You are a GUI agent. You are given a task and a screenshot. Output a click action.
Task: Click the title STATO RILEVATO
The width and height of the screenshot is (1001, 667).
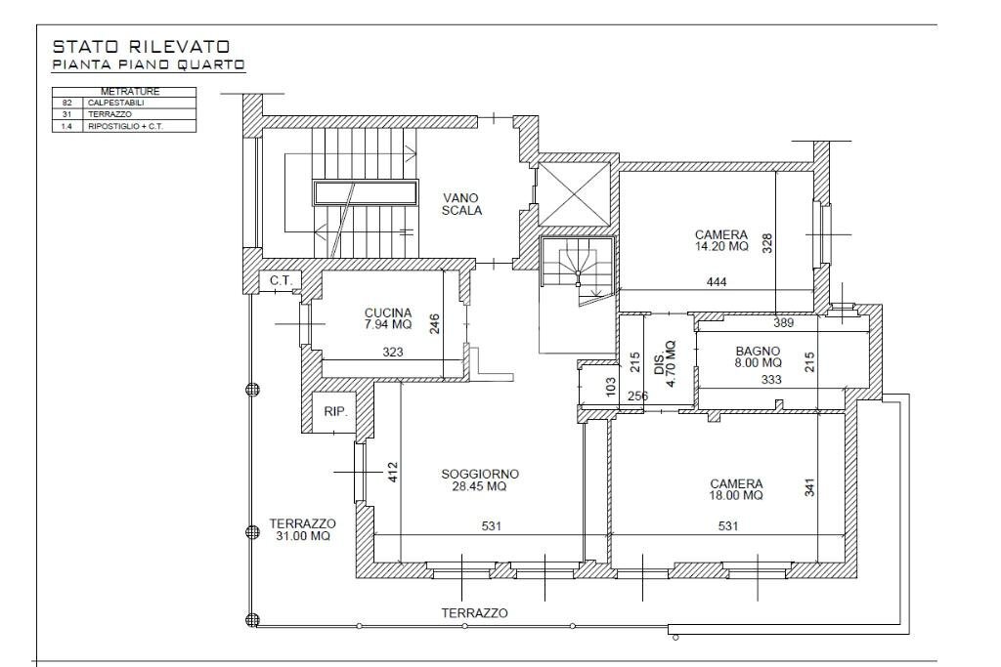(x=141, y=47)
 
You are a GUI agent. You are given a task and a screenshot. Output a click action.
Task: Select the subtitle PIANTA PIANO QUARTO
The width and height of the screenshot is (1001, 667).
(x=149, y=64)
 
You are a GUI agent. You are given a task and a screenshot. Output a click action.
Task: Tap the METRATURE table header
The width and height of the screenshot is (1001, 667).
(x=130, y=92)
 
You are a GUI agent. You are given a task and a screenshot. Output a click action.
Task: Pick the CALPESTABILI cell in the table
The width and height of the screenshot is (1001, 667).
(x=116, y=103)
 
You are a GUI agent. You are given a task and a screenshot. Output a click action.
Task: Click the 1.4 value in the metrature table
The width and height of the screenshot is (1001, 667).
(x=67, y=126)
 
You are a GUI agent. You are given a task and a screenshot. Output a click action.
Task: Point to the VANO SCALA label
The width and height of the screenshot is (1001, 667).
(x=461, y=204)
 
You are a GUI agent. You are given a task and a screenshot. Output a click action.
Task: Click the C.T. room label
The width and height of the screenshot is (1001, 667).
(x=281, y=280)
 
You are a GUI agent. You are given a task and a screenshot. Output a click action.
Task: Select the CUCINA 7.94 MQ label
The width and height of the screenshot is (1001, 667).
(x=388, y=318)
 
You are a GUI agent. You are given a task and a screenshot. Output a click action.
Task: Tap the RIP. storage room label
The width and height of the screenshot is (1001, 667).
(x=336, y=412)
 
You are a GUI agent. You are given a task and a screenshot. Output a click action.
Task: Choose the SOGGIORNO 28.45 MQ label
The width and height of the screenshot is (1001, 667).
(x=480, y=480)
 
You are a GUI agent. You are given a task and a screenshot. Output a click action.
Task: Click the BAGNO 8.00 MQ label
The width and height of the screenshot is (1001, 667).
(x=758, y=356)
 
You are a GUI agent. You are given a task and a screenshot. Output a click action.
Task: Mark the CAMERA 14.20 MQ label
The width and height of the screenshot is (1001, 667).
(x=721, y=240)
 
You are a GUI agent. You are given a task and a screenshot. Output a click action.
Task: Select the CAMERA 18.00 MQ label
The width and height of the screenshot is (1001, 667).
(x=736, y=489)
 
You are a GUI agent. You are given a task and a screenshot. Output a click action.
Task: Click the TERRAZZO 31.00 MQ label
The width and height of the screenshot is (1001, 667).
(x=303, y=530)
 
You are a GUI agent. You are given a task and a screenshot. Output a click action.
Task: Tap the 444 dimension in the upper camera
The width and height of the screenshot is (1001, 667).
(x=717, y=281)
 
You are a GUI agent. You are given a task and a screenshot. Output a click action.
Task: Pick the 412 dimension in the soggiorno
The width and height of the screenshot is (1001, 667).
(x=393, y=472)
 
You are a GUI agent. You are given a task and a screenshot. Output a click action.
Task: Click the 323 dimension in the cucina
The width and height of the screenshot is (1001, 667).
(x=393, y=352)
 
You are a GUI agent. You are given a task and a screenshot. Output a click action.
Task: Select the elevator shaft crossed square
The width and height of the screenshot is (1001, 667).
(x=575, y=194)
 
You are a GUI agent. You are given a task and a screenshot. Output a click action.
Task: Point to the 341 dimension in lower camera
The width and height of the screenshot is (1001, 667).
(x=809, y=487)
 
